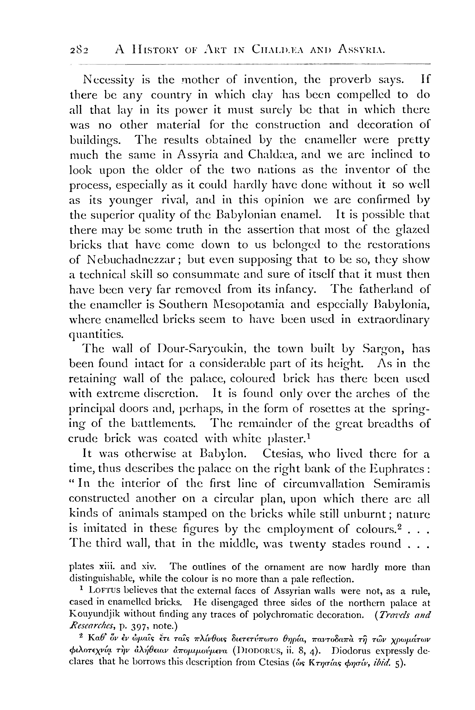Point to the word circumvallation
(x=323, y=483)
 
